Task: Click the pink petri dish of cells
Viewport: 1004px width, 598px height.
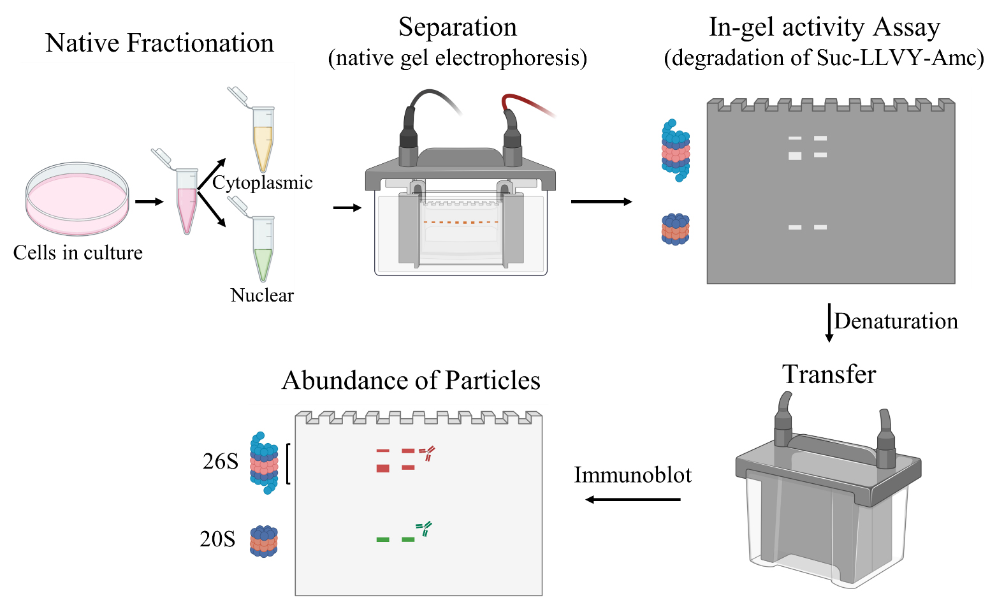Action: click(x=77, y=198)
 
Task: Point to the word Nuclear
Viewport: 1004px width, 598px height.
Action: click(x=262, y=295)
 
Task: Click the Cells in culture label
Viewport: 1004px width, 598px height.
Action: click(x=78, y=253)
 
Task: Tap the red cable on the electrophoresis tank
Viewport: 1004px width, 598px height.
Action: click(x=529, y=106)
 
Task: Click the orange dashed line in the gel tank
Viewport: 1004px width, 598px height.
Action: click(x=461, y=222)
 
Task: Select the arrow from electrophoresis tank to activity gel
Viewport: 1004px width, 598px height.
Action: click(x=602, y=201)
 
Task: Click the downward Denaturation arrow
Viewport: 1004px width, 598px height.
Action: click(x=829, y=323)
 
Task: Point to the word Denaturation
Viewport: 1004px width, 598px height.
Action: click(x=896, y=321)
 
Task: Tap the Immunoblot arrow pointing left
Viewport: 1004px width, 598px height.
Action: click(x=633, y=499)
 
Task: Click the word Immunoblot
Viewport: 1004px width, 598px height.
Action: click(x=633, y=475)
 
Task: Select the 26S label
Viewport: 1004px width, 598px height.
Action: click(x=220, y=462)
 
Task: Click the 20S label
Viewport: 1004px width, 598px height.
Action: click(x=217, y=539)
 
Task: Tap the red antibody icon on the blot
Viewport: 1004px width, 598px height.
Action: click(x=427, y=453)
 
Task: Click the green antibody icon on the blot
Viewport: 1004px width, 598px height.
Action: click(x=424, y=529)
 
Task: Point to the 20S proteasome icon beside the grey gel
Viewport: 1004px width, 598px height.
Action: click(x=676, y=229)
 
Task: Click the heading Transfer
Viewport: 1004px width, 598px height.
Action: click(x=829, y=374)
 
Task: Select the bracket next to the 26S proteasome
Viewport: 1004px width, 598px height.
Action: click(x=287, y=463)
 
